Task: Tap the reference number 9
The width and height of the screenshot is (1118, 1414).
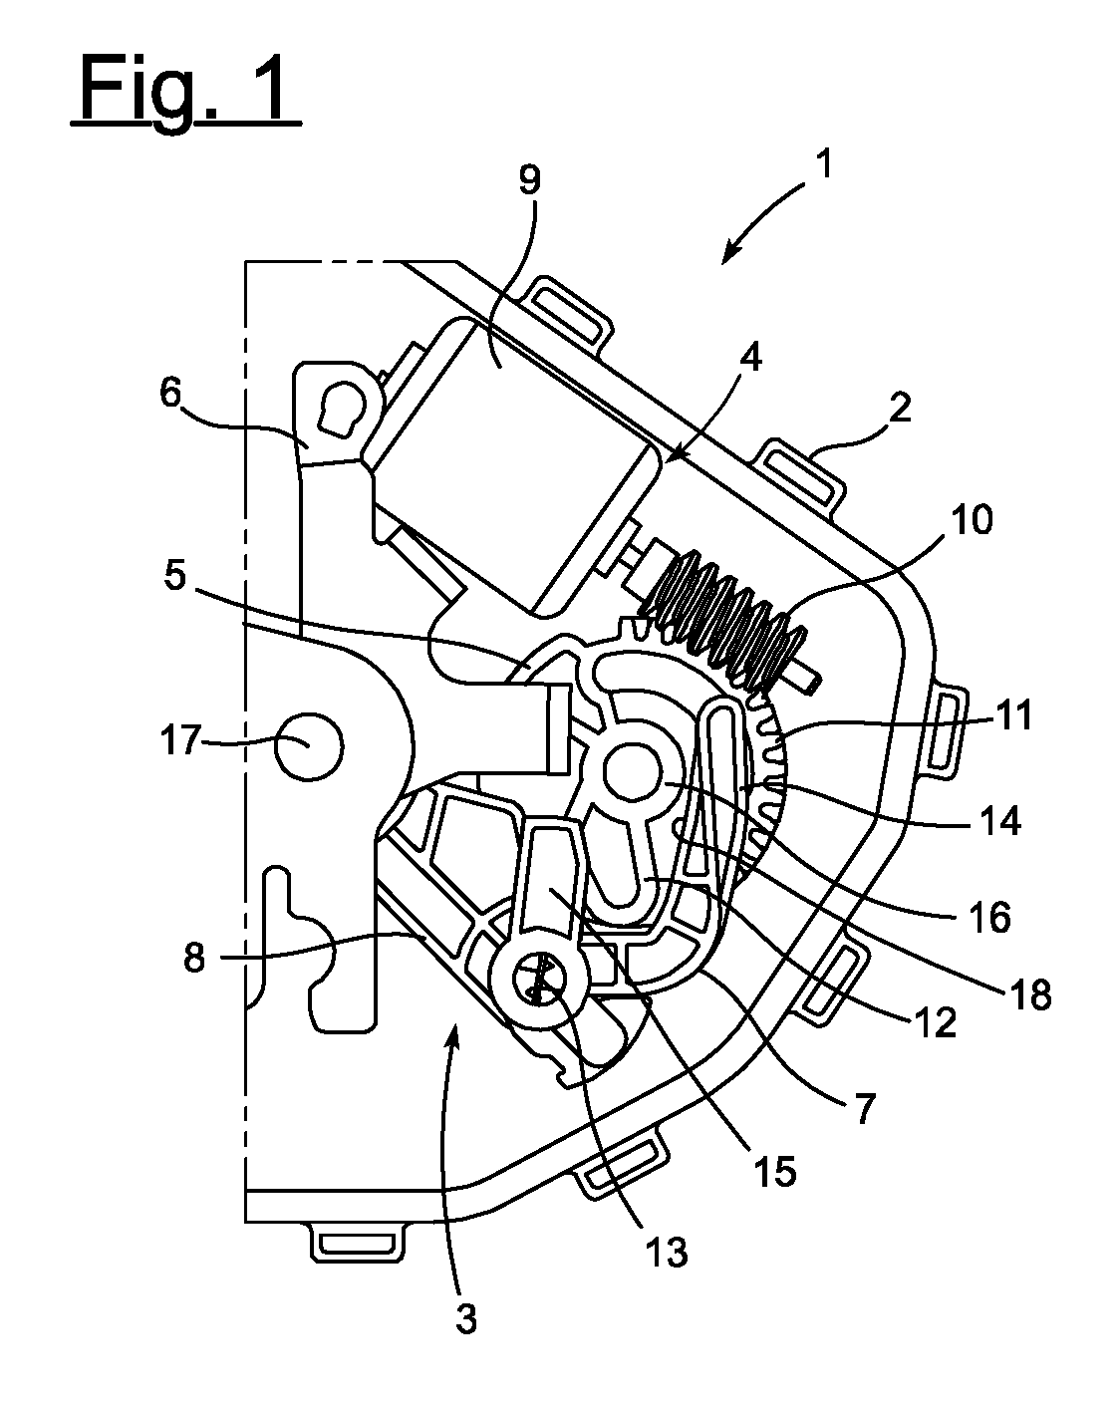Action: click(530, 179)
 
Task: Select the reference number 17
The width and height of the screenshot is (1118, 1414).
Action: click(180, 740)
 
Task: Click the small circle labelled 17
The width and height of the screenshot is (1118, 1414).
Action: click(309, 747)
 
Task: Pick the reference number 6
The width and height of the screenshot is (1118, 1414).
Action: click(169, 396)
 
